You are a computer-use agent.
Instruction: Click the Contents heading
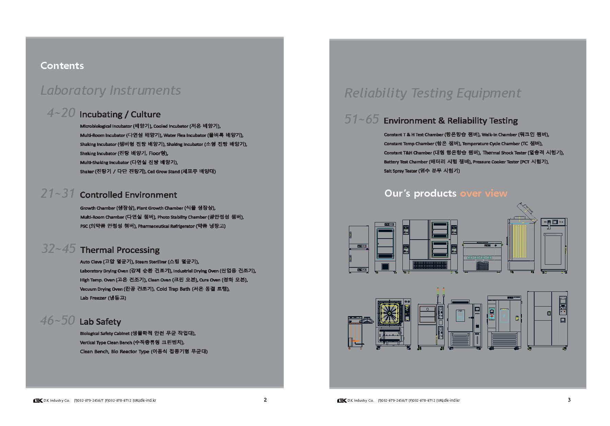[x=62, y=66]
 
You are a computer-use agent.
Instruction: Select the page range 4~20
[x=61, y=113]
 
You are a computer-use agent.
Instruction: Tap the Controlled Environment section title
[x=128, y=195]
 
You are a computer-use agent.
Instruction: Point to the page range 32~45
[x=58, y=249]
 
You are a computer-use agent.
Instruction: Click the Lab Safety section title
[x=100, y=322]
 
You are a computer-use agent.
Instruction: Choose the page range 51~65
[x=362, y=119]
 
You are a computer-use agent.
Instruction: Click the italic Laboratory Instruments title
[x=110, y=90]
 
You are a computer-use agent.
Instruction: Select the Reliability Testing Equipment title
[x=432, y=93]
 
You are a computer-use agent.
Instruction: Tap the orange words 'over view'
[x=483, y=193]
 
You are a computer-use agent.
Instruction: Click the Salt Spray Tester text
[x=400, y=171]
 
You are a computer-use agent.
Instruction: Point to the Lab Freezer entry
[x=93, y=298]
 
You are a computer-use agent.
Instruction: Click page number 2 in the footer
[x=265, y=400]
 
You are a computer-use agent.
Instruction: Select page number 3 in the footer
[x=569, y=400]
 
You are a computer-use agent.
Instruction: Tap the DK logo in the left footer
[x=38, y=400]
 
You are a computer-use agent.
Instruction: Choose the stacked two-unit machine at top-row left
[x=359, y=249]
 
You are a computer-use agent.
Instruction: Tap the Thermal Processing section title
[x=120, y=250]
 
